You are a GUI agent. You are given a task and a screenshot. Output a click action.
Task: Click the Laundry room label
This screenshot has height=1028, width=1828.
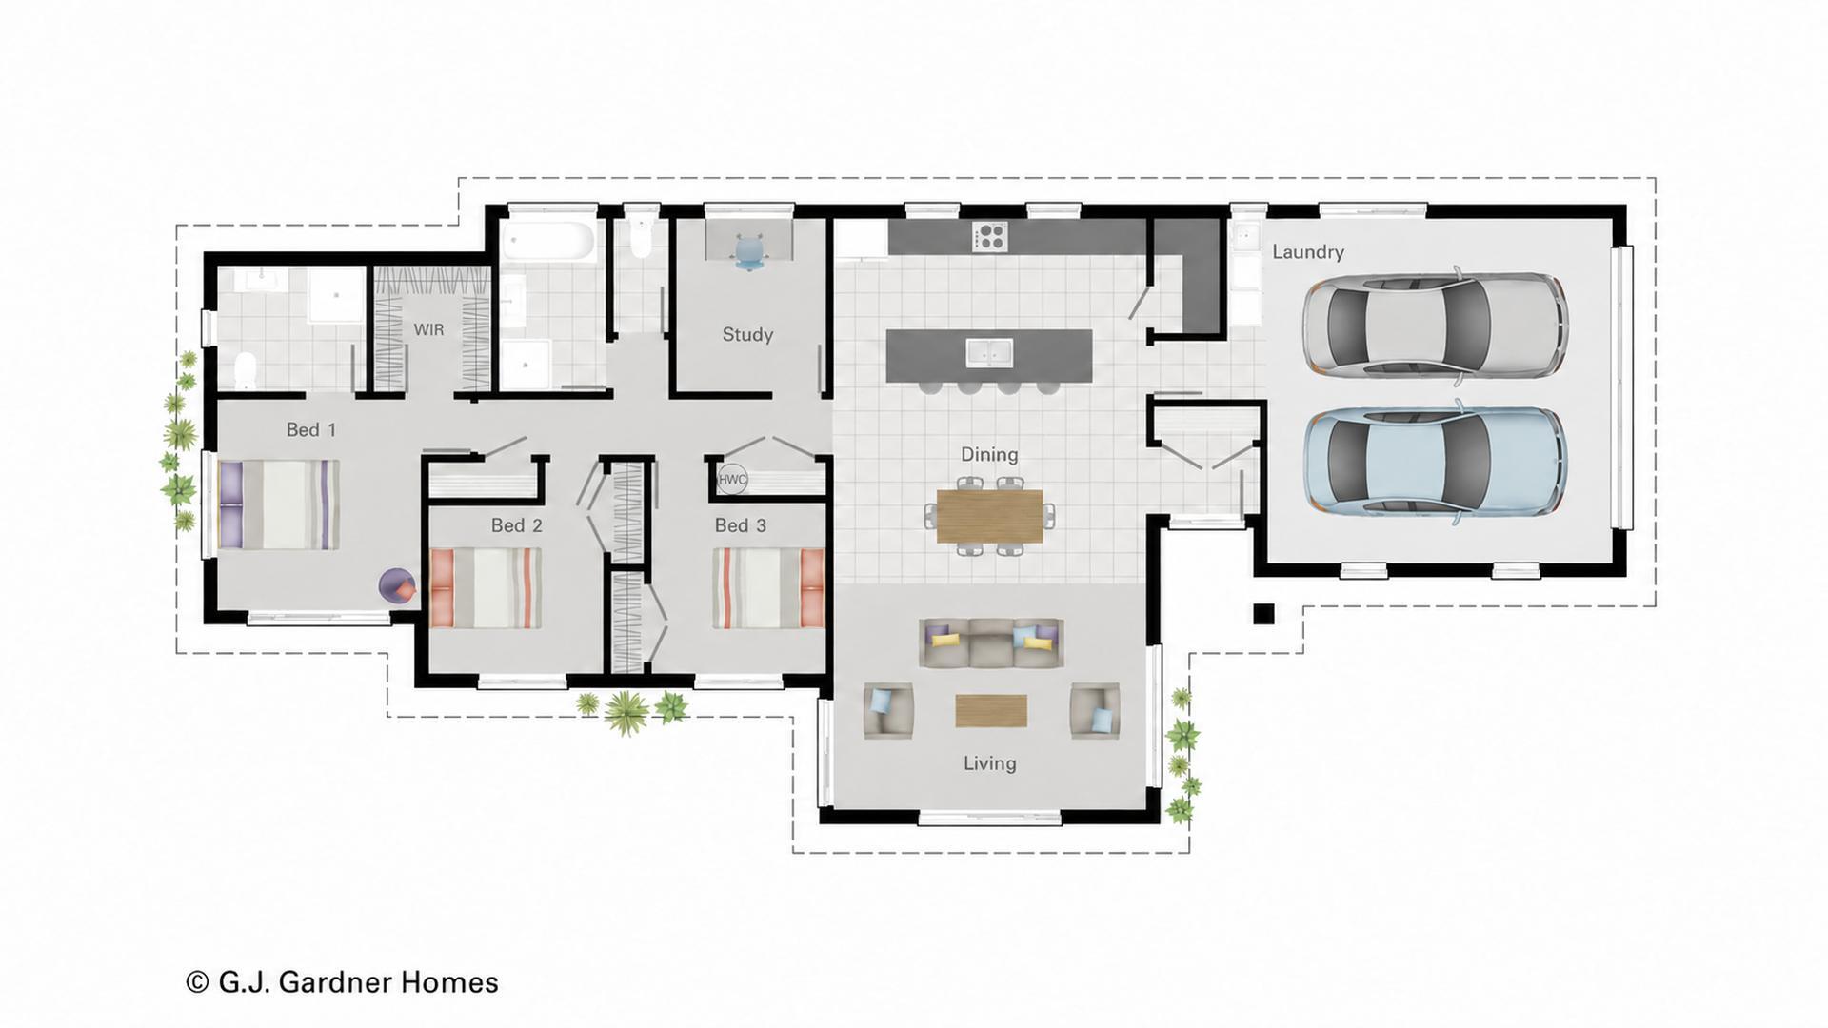[1308, 252]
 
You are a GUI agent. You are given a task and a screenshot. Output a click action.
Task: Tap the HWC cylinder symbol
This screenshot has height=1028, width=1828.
[732, 479]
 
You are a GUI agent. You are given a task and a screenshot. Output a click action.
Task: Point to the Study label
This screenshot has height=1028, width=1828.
[747, 334]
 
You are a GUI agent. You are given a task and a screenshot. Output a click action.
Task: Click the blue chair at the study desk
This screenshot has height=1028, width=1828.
[749, 250]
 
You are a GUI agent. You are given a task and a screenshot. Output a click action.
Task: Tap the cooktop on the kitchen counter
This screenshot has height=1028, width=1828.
[990, 236]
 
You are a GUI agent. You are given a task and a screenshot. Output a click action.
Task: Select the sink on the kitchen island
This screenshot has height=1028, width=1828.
[990, 352]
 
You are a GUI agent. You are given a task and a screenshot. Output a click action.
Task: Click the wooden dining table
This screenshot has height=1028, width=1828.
[989, 516]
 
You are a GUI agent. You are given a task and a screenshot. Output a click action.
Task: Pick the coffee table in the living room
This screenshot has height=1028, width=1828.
[991, 710]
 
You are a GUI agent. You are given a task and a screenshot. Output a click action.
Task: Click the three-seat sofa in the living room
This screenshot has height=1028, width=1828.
[991, 643]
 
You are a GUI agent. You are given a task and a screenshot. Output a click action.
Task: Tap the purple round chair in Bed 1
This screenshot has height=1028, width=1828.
[398, 585]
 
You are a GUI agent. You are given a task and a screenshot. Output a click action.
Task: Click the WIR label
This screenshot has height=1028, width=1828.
[428, 329]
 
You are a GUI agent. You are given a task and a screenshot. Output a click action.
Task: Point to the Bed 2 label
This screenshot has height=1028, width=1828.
[516, 525]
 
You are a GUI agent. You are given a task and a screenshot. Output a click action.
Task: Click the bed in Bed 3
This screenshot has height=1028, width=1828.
[768, 588]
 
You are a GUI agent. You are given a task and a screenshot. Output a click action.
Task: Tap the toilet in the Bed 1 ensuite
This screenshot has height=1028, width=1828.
[246, 369]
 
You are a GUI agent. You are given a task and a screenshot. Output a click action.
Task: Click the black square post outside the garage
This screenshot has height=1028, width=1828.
[1263, 614]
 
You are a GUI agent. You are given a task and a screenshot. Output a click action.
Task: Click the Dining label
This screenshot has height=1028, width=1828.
[989, 455]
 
